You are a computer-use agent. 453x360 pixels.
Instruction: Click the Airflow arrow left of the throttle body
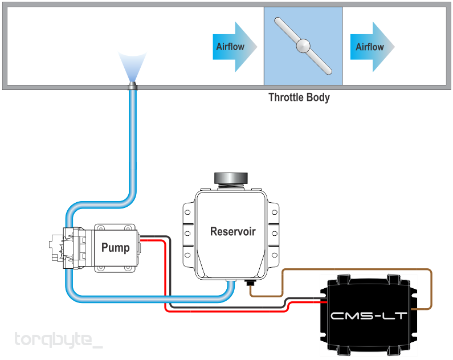click(235, 47)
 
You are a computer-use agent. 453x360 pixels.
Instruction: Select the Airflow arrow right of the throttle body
click(372, 47)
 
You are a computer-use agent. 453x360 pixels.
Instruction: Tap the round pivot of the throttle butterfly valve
click(303, 46)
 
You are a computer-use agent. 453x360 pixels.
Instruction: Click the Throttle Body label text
click(299, 97)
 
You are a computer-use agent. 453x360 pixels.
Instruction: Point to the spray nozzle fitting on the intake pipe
click(132, 86)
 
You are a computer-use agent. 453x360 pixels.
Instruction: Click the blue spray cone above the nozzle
click(132, 67)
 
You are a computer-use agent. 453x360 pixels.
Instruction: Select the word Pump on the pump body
click(115, 248)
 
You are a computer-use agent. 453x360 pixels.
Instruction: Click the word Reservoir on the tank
click(233, 231)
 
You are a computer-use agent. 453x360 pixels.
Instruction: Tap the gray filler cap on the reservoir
click(231, 178)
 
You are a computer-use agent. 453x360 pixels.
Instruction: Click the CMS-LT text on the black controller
click(368, 316)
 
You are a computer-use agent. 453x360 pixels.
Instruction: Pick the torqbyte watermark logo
click(58, 340)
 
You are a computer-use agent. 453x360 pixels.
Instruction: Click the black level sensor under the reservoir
click(250, 283)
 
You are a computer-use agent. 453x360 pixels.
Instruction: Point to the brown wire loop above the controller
click(357, 270)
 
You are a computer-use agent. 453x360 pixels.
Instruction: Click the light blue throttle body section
click(303, 46)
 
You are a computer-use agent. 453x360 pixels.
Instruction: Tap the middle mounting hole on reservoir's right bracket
click(275, 234)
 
